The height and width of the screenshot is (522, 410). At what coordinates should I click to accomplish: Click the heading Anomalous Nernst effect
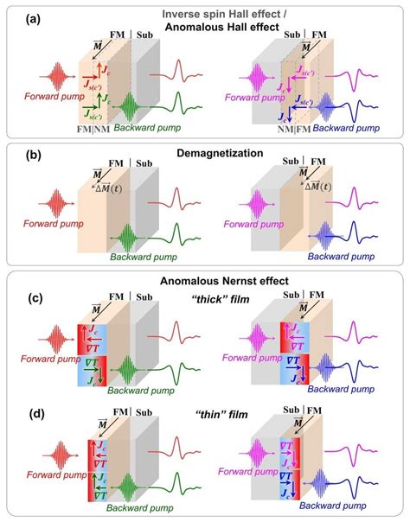coord(205,280)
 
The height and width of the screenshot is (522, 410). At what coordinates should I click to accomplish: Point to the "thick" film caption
coord(205,298)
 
